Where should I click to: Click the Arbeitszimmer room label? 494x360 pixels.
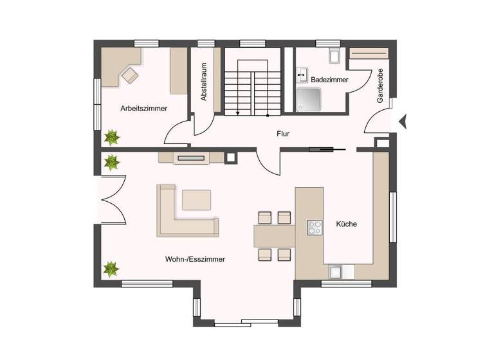pyautogui.click(x=144, y=109)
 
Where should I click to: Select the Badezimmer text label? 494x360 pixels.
pyautogui.click(x=329, y=80)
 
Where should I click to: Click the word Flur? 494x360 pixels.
pyautogui.click(x=282, y=134)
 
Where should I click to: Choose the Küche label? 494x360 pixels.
pyautogui.click(x=346, y=224)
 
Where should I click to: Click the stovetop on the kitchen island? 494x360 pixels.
pyautogui.click(x=315, y=228)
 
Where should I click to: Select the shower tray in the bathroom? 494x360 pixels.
pyautogui.click(x=312, y=99)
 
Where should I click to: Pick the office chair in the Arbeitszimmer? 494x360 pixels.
pyautogui.click(x=130, y=75)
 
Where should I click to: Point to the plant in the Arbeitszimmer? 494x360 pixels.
pyautogui.click(x=113, y=137)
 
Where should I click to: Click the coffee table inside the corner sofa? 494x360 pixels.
pyautogui.click(x=196, y=200)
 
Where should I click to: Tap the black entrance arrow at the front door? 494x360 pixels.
pyautogui.click(x=403, y=120)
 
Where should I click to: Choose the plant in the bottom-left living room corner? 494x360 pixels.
pyautogui.click(x=112, y=269)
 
